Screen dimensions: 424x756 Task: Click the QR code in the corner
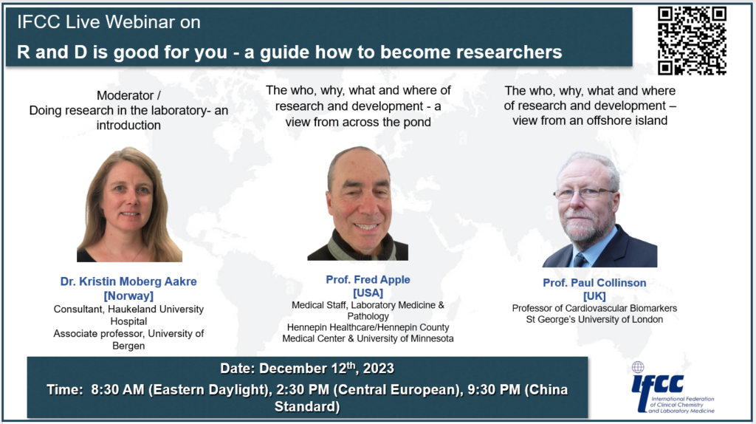pyautogui.click(x=692, y=40)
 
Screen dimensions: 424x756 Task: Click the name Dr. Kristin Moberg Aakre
pyautogui.click(x=128, y=281)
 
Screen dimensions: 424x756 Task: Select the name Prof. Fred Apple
pyautogui.click(x=368, y=279)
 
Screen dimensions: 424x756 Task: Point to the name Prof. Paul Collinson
pyautogui.click(x=584, y=283)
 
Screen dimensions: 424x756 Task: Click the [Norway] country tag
pyautogui.click(x=128, y=295)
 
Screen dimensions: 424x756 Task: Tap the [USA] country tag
pyautogui.click(x=368, y=292)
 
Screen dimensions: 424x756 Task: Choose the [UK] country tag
pyautogui.click(x=584, y=295)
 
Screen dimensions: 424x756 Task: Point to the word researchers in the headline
pyautogui.click(x=501, y=52)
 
